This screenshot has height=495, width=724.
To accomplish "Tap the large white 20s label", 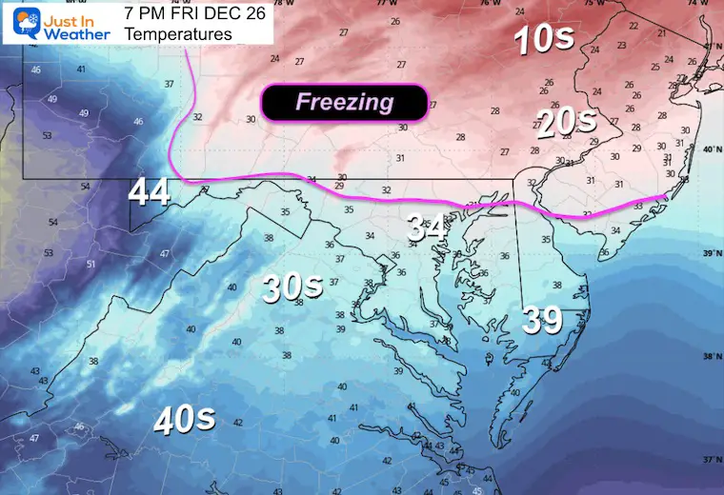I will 567,122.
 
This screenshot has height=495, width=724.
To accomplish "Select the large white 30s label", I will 292,287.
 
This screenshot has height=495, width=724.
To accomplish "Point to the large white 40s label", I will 184,419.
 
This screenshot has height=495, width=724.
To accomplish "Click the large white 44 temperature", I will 150,193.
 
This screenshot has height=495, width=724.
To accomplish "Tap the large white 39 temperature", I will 542,321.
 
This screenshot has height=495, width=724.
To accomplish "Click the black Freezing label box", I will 344,103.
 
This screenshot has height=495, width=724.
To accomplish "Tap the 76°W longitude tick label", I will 490,4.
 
